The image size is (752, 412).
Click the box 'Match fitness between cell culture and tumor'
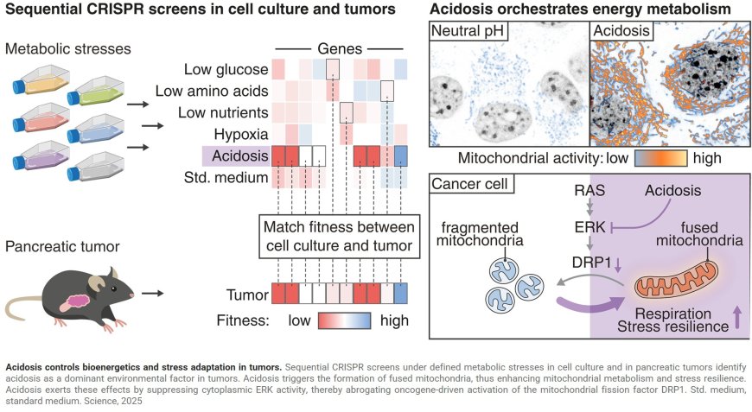(x=343, y=235)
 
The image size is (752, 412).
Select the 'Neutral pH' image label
(x=467, y=32)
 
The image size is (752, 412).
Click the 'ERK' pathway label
(x=590, y=225)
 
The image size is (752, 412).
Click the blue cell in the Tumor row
(x=401, y=294)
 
